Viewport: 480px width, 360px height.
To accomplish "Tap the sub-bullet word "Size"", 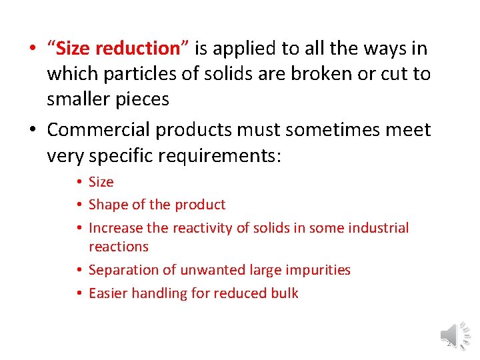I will [x=101, y=182].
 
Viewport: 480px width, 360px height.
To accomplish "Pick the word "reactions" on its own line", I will [x=119, y=247].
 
